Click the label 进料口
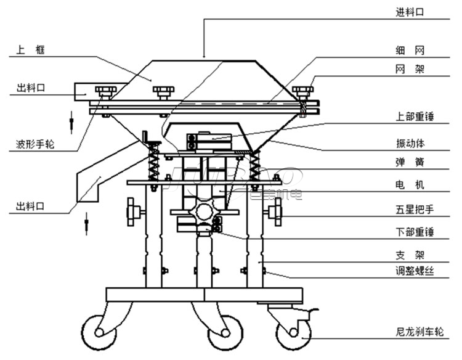(410, 12)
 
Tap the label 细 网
(410, 51)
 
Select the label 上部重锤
(415, 117)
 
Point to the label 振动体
(410, 144)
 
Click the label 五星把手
(415, 210)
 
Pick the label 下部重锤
(415, 232)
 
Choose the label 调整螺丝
(415, 271)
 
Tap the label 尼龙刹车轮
(419, 332)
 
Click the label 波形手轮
(35, 144)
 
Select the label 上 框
(31, 49)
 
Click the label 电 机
(410, 185)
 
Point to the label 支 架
(410, 255)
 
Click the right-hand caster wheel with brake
(293, 333)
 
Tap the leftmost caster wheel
(99, 333)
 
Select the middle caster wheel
(225, 333)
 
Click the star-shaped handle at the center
(205, 211)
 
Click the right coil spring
(255, 166)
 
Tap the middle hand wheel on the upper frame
(163, 92)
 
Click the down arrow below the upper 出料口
(71, 122)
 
